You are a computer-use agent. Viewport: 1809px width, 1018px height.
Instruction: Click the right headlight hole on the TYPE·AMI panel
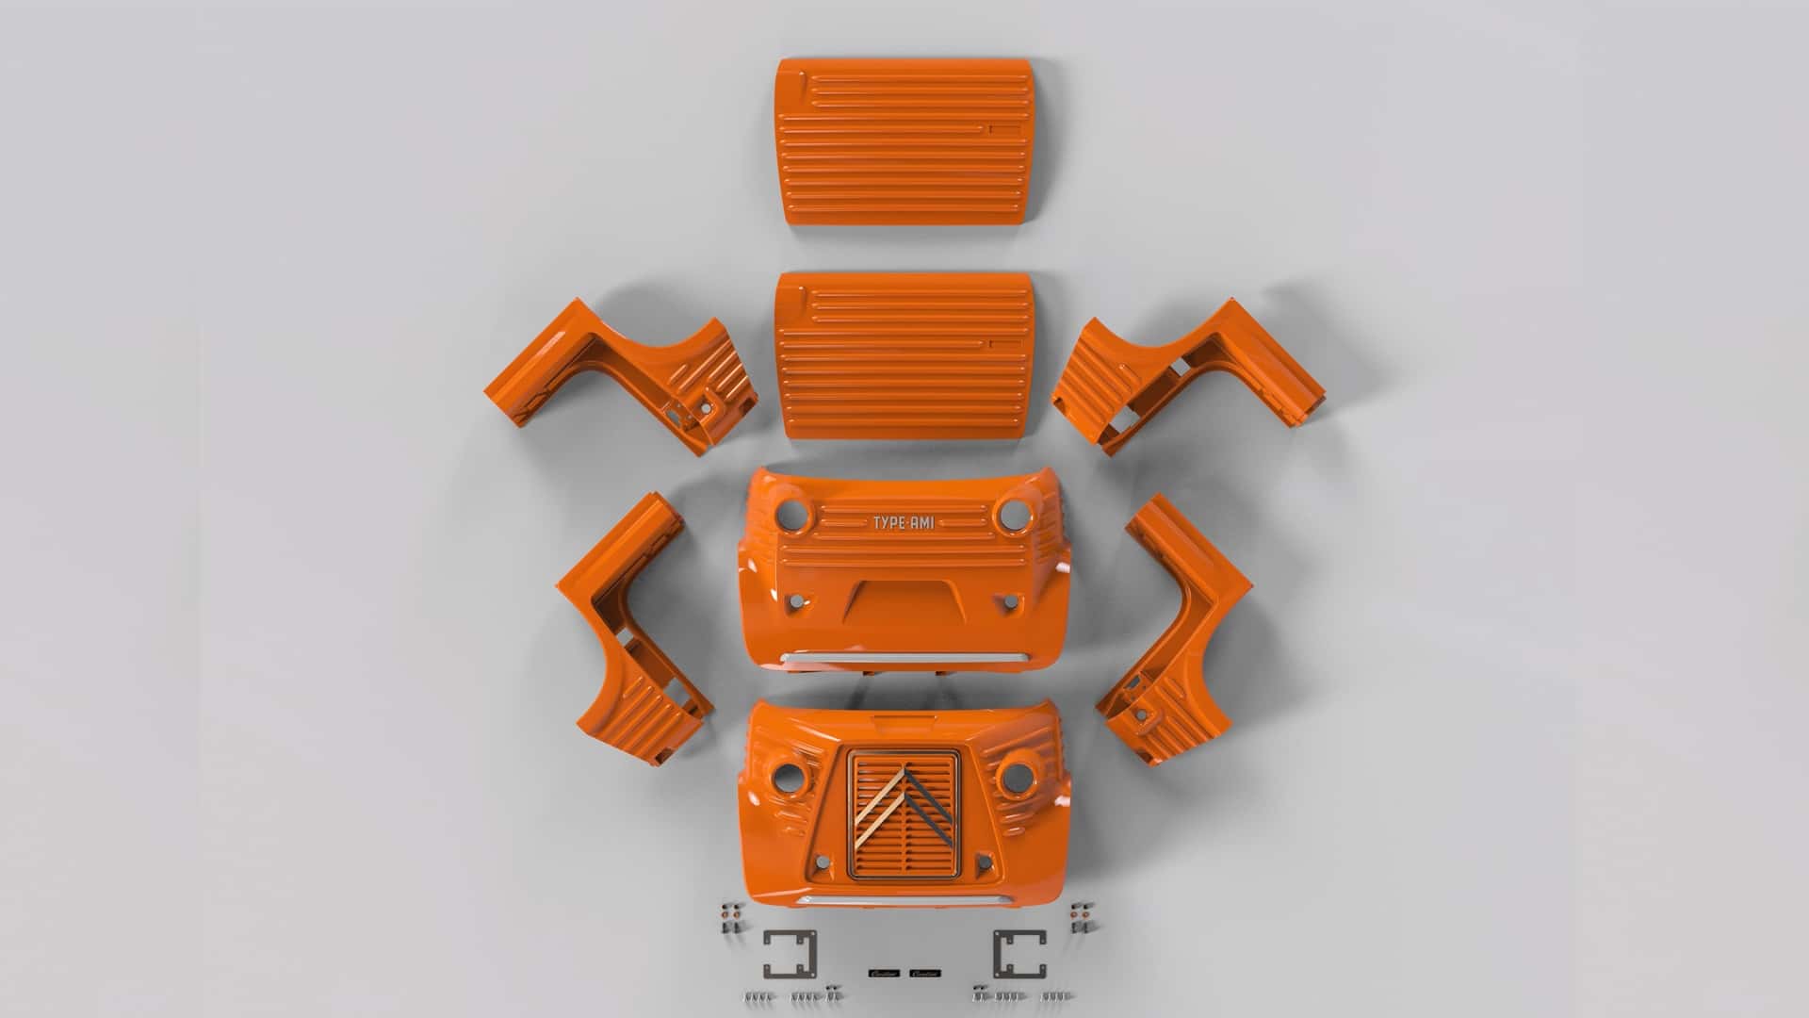pos(1010,515)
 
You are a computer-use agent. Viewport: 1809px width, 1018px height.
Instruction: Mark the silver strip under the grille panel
pos(903,902)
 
